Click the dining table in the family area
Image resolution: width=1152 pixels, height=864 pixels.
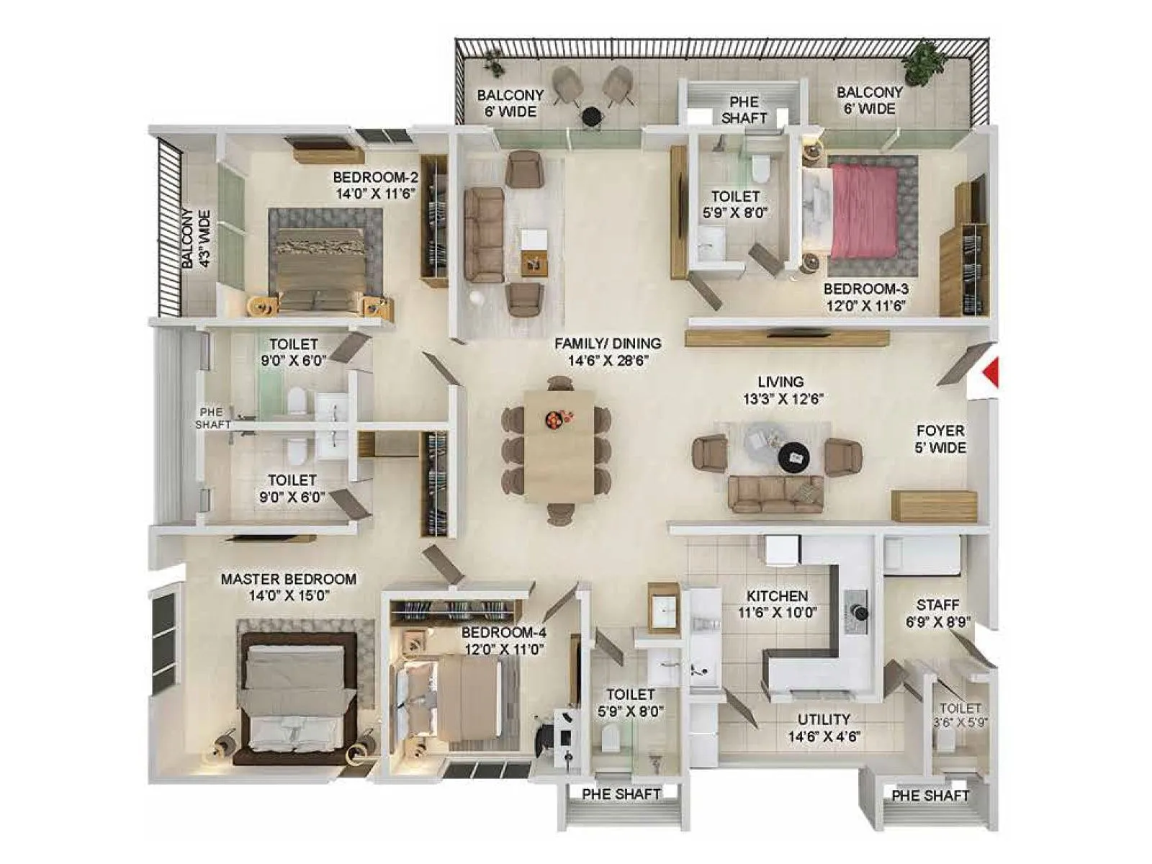[x=559, y=446]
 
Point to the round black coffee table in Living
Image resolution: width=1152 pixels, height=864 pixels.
[x=793, y=456]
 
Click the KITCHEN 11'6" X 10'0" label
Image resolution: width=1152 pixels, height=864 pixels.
[x=777, y=604]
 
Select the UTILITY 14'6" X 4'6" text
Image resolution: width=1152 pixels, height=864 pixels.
[x=824, y=727]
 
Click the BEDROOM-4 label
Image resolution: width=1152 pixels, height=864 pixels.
[x=503, y=640]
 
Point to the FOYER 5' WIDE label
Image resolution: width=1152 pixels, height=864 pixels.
[x=940, y=438]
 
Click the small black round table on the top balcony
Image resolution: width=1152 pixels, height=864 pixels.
[x=591, y=115]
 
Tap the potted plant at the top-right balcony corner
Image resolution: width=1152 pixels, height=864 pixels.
[x=924, y=63]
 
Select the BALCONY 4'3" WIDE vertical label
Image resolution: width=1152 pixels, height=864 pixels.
[x=195, y=239]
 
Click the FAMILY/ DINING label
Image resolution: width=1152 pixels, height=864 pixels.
[x=608, y=352]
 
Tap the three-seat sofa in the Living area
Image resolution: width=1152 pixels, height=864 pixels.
[x=775, y=494]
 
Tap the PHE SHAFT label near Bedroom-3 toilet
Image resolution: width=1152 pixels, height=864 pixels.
[x=744, y=109]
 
